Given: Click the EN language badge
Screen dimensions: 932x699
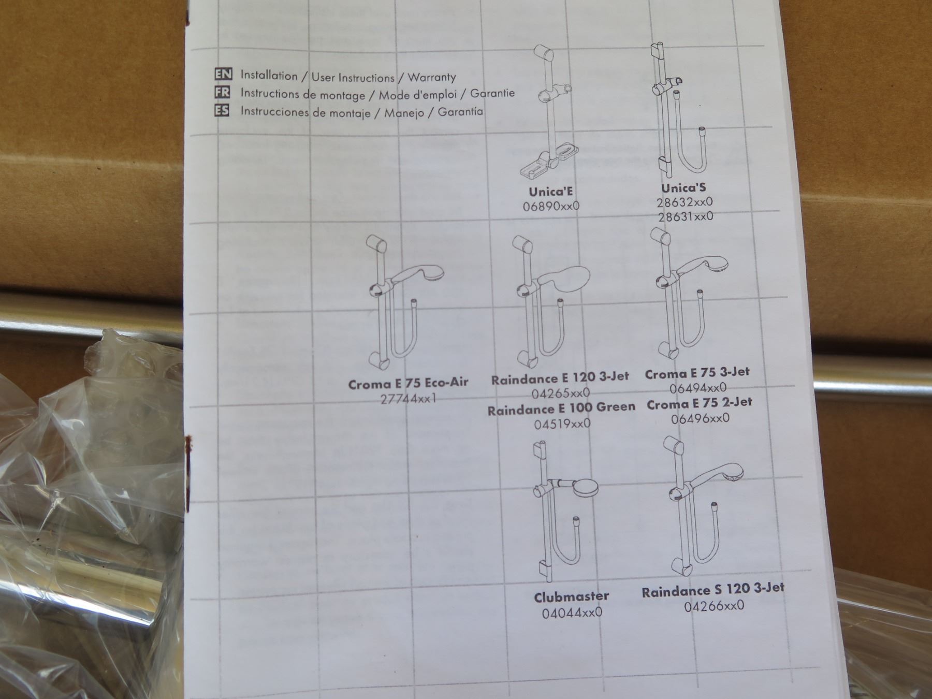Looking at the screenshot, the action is (x=223, y=74).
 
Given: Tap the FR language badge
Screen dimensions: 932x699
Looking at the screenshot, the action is (x=222, y=92).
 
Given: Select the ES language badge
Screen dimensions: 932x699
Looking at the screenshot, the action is (x=222, y=110).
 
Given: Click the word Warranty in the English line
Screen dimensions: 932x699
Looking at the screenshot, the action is (x=432, y=78).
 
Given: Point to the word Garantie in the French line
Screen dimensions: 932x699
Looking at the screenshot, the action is (x=492, y=93).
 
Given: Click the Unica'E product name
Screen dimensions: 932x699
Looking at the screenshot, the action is (x=551, y=192).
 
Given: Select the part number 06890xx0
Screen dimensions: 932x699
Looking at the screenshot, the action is (x=551, y=206).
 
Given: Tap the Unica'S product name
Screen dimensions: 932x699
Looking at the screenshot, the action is (x=683, y=187).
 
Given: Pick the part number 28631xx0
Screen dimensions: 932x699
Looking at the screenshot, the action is (x=686, y=216).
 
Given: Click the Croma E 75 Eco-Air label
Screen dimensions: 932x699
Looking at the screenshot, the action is (x=408, y=384).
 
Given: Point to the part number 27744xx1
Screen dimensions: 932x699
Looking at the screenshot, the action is (x=409, y=399).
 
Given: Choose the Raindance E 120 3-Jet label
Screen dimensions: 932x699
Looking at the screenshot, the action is (x=560, y=378).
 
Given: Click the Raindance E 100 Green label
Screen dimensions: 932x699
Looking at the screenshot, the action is (x=561, y=409).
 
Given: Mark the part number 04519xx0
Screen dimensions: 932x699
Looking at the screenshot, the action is (x=562, y=424).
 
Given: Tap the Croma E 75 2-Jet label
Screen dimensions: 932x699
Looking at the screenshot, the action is (x=700, y=403).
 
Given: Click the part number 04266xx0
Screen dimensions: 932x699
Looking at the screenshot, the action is (x=714, y=605).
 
